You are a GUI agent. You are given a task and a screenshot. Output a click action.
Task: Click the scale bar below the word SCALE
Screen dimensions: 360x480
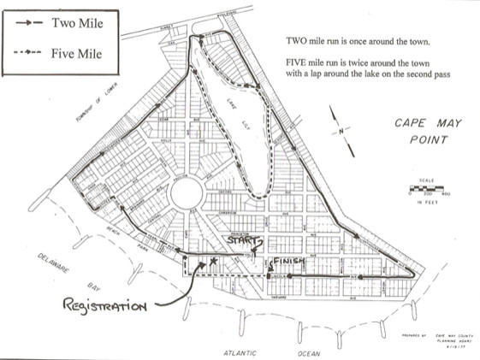coord(429,186)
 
